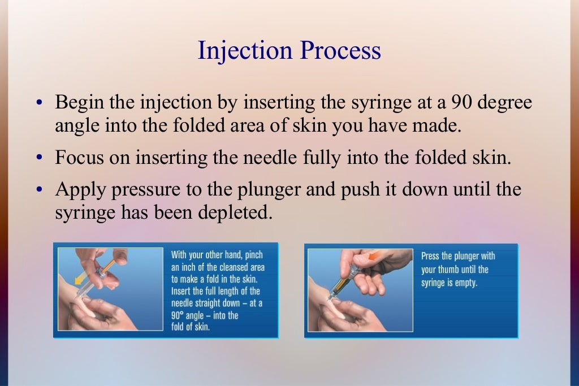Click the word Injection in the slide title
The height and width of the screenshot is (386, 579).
[x=245, y=51]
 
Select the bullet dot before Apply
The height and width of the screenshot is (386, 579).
[x=40, y=190]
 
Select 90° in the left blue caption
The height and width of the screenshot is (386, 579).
[x=179, y=315]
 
